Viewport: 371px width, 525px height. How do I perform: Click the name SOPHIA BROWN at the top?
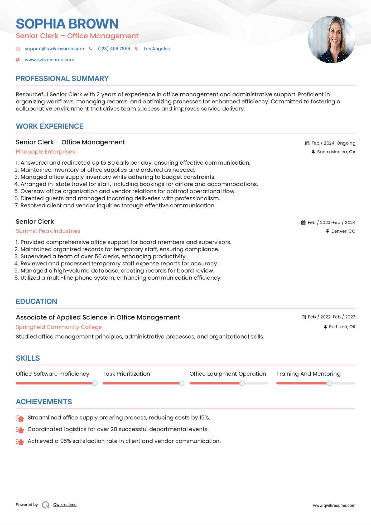coord(67,24)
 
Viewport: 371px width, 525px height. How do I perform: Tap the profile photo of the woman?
coord(331,40)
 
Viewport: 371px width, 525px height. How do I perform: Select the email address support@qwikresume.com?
coord(54,49)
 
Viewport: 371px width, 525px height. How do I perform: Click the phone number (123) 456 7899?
coord(114,49)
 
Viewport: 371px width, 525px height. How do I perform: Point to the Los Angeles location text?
coord(157,49)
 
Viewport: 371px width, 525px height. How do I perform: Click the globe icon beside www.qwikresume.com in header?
coord(18,60)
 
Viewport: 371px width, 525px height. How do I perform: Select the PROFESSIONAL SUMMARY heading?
coord(62,79)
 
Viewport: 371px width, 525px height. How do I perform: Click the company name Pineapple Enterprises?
coord(45,152)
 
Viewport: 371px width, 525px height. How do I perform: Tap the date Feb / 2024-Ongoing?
coord(333,143)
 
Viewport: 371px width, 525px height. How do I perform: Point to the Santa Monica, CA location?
coord(336,152)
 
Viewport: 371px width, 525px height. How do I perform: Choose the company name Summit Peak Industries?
coord(48,231)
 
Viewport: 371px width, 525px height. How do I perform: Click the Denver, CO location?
coord(343,231)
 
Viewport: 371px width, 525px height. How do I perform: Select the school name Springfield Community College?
coord(59,327)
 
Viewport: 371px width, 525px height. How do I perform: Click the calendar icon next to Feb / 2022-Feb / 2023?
coord(304,317)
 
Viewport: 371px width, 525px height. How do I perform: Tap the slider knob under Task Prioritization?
coord(182,383)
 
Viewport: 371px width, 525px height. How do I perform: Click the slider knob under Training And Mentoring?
coord(329,383)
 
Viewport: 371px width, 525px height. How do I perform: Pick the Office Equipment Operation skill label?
coord(228,374)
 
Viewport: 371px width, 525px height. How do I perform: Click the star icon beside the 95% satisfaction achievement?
coord(20,442)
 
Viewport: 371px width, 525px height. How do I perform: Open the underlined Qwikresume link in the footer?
coord(65,505)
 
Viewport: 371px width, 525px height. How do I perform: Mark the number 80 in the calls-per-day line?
coord(111,163)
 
